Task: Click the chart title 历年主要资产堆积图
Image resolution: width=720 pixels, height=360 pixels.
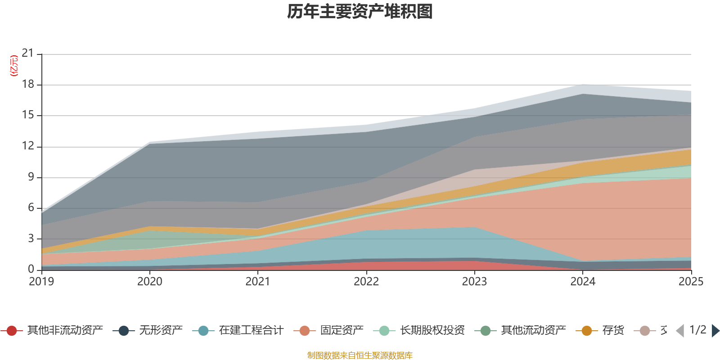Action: [360, 12]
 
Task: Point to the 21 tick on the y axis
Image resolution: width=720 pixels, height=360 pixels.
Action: [28, 54]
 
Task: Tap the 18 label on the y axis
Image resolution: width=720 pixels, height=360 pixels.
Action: [28, 84]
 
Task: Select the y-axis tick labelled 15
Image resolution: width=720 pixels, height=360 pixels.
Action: [28, 115]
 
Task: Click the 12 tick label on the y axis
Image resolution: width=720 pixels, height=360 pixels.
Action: [28, 146]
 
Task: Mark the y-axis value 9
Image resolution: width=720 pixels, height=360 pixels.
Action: [31, 177]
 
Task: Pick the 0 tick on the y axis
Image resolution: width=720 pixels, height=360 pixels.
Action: [31, 269]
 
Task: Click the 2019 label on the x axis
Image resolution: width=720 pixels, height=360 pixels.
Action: [41, 282]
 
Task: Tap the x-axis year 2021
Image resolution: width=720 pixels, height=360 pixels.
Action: [258, 282]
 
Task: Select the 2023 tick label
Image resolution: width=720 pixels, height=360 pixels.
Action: [474, 282]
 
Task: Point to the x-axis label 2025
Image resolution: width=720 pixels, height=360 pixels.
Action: [691, 282]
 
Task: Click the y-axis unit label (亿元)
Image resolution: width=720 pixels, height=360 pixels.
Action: [14, 66]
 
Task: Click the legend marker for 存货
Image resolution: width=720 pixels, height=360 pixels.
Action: [587, 331]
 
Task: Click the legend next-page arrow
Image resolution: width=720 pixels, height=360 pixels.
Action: [715, 331]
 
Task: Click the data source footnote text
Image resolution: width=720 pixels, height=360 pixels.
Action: [360, 355]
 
